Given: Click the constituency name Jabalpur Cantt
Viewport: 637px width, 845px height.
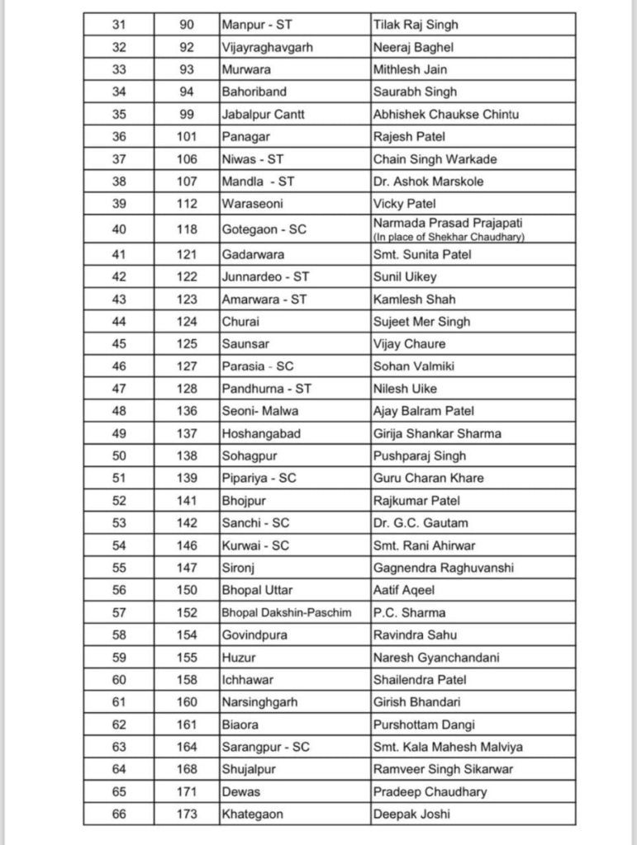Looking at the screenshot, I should [264, 115].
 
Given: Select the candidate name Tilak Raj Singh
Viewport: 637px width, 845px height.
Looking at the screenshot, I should [416, 26].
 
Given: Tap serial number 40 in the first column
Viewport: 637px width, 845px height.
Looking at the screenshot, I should [119, 229].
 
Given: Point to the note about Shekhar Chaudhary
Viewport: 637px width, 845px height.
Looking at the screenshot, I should [449, 238].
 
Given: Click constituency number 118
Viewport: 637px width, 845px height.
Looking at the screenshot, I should [188, 229].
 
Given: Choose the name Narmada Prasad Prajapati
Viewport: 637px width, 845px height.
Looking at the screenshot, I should [448, 223].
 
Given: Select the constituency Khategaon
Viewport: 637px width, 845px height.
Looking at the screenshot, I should [252, 814].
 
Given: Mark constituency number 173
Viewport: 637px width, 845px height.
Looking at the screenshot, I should [188, 814].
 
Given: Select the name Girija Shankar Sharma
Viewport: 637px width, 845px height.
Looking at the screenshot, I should [437, 434].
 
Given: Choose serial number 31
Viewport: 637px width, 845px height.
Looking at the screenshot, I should [119, 26].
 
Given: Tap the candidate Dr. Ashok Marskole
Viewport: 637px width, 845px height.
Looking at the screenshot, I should [428, 182].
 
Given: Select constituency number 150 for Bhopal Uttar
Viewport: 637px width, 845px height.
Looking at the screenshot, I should [188, 591].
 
